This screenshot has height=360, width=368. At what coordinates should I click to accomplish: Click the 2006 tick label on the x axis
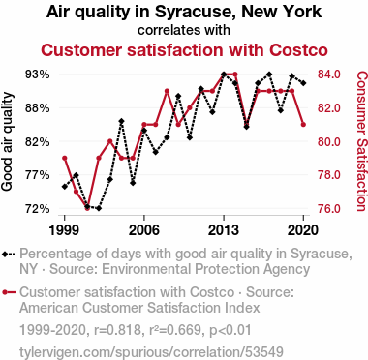(144, 230)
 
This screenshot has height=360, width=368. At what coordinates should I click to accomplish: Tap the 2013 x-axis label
(224, 230)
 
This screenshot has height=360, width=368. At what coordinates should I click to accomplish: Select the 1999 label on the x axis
(64, 230)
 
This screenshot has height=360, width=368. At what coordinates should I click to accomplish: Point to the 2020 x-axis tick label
(303, 230)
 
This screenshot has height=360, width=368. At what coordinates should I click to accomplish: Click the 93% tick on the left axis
(38, 75)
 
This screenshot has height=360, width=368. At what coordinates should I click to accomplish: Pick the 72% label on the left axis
(38, 209)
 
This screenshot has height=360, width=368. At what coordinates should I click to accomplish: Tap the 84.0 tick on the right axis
(329, 75)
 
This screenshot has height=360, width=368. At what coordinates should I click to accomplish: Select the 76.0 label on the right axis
(329, 209)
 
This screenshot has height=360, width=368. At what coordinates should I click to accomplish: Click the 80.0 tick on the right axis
(329, 141)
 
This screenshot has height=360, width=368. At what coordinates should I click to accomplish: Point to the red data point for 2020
(303, 125)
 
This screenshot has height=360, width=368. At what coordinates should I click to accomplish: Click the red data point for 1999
(65, 158)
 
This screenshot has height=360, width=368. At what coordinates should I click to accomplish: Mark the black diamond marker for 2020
(303, 83)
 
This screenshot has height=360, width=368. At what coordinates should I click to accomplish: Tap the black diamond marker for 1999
(65, 187)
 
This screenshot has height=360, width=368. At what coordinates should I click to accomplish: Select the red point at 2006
(144, 125)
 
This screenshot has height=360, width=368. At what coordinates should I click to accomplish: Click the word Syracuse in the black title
(196, 13)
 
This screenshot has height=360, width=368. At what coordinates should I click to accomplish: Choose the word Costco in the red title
(298, 50)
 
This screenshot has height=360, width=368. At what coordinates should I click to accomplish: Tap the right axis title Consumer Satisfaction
(361, 141)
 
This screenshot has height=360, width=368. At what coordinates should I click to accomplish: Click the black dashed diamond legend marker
(9, 254)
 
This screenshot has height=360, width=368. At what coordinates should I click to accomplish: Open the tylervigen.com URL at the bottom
(151, 352)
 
